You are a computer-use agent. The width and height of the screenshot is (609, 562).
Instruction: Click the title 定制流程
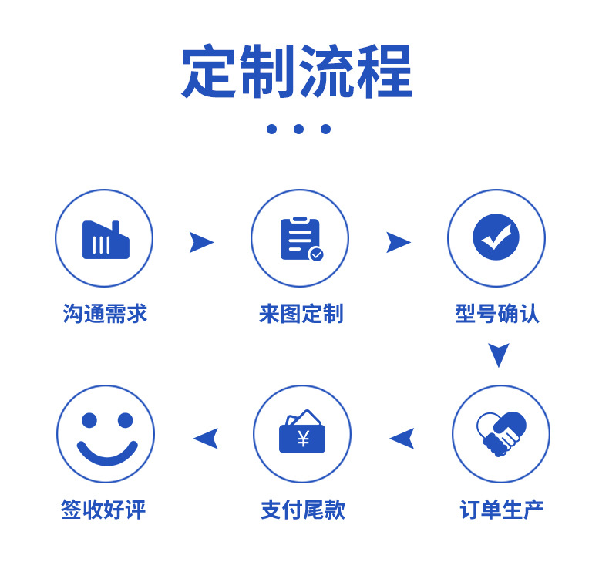(x=297, y=72)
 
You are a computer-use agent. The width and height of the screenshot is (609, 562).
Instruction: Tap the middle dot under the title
(x=298, y=129)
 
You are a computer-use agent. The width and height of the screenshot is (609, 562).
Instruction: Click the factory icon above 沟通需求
(x=105, y=240)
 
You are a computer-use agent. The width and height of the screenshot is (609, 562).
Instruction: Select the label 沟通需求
(x=105, y=314)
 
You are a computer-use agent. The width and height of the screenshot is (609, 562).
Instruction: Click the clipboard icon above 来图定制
(x=300, y=239)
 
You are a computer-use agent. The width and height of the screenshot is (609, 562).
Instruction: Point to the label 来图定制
(x=301, y=314)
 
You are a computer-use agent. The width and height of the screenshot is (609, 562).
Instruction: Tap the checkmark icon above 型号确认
(x=496, y=237)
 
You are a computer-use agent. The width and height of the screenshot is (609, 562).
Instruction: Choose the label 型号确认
(x=497, y=314)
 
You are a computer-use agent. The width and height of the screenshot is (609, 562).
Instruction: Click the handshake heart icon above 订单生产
(x=500, y=434)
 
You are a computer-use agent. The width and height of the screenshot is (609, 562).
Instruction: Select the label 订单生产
(x=501, y=510)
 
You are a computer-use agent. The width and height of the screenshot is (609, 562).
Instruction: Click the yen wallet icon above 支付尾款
(x=302, y=432)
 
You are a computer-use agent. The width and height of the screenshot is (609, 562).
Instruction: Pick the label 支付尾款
(x=302, y=510)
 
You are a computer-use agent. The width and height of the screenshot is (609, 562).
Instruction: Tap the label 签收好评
(x=103, y=510)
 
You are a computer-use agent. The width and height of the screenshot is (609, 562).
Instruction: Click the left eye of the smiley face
(x=89, y=420)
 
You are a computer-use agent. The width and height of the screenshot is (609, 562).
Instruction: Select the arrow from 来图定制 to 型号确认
(x=397, y=242)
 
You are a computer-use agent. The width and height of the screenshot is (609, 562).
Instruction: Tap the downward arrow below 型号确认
(x=499, y=354)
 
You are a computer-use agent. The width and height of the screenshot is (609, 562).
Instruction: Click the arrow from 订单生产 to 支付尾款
(x=402, y=439)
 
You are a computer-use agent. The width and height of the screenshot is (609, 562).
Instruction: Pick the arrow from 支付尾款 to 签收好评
(x=207, y=439)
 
